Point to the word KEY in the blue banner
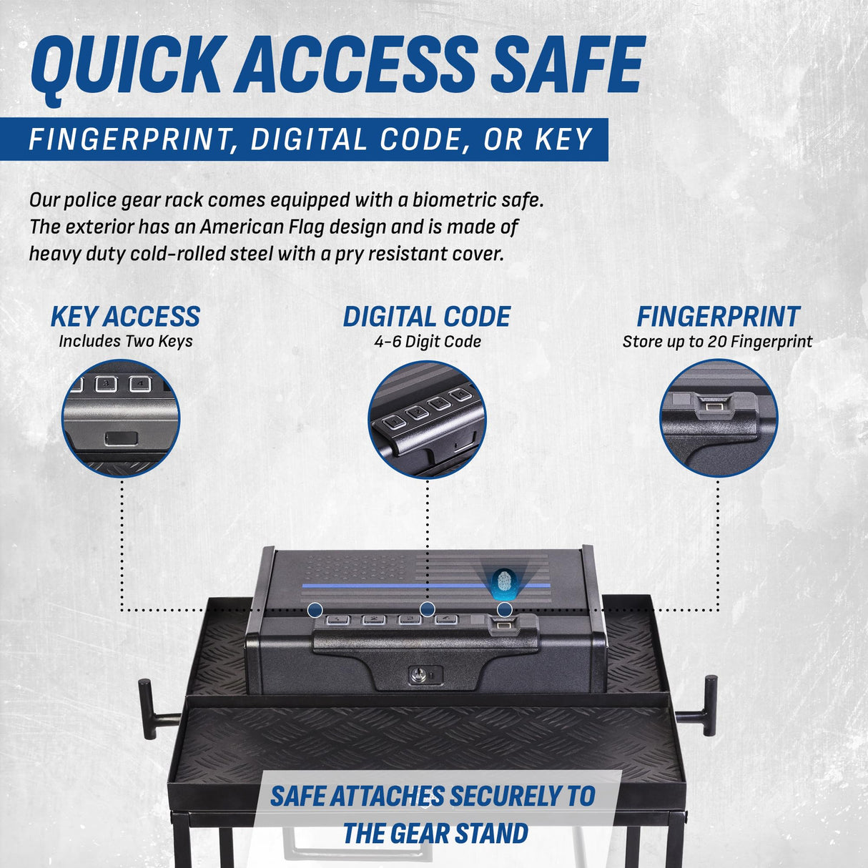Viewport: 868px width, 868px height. point(563,139)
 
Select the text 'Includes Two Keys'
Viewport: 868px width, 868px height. point(126,341)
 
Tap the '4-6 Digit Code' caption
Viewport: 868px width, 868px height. point(428,342)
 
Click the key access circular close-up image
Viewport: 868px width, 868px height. point(121,418)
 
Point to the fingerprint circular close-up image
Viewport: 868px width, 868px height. point(719,418)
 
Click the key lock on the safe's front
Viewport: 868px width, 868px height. point(415,674)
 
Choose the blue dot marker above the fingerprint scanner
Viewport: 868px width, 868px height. point(505,610)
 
